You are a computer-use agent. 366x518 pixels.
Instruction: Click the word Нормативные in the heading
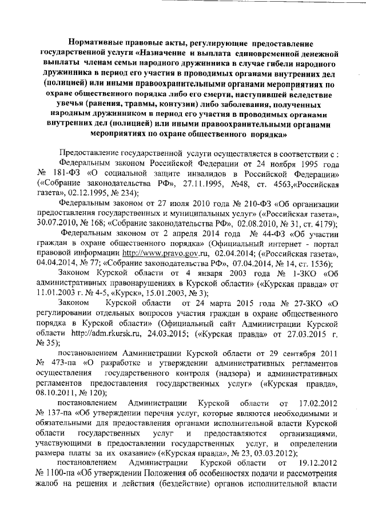[x=96, y=43]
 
